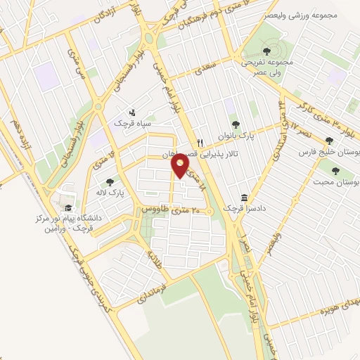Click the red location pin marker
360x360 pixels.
pos(180,165)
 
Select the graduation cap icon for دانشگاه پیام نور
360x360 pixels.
pos(68,208)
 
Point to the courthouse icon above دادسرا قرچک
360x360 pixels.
pos(243,198)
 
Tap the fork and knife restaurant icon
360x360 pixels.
pos(200,141)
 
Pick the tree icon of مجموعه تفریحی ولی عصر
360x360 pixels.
pos(266,51)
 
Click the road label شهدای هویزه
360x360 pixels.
pos(345,304)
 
